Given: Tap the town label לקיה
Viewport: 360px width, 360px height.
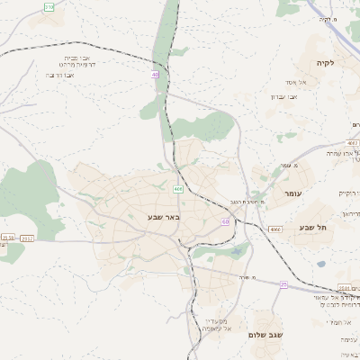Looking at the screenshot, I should [325, 63].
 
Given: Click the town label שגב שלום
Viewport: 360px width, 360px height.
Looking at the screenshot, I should [268, 335].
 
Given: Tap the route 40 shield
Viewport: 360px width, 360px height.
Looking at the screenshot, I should [155, 76].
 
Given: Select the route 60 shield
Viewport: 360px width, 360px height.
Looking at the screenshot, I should [224, 221].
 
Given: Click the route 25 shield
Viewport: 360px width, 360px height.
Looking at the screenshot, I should [283, 284].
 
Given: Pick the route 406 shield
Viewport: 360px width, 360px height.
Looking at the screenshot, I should [178, 189].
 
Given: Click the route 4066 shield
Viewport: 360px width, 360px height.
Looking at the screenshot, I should [275, 229].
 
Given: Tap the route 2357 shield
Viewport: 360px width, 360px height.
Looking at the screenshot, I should [26, 238].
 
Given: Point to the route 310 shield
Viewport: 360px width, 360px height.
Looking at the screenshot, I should [49, 6].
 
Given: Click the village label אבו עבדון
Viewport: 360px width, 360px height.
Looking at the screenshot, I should [282, 95].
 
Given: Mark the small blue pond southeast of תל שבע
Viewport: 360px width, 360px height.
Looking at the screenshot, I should [321, 264].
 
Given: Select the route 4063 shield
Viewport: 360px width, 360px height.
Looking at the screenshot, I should [352, 142].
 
